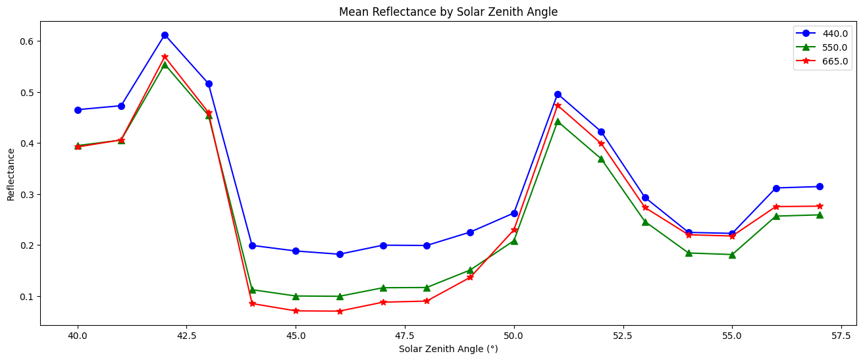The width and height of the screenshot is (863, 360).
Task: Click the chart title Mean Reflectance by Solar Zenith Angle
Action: tap(448, 12)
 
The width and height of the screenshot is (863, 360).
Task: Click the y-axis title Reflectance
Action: tap(11, 174)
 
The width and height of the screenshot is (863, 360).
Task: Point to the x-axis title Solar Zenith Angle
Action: tap(448, 349)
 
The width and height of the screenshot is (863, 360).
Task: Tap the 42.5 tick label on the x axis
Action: tap(187, 335)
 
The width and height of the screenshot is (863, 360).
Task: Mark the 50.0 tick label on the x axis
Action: tap(514, 335)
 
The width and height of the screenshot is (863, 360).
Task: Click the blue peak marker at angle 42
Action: tap(165, 35)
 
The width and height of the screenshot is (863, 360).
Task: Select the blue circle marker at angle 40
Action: tap(78, 110)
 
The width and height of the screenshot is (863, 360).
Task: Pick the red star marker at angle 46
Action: tap(340, 311)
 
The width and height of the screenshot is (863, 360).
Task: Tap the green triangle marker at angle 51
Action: tap(558, 121)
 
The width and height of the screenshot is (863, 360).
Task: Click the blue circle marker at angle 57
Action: tap(820, 187)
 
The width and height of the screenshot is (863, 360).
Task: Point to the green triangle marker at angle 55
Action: tap(732, 254)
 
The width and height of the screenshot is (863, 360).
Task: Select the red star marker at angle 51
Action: tap(558, 105)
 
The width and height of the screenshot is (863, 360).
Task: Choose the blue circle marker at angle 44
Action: tap(252, 245)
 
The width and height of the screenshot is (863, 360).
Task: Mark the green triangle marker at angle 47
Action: tap(383, 288)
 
